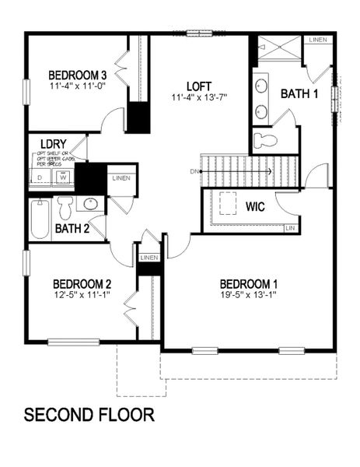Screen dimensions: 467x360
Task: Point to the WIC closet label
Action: click(256, 208)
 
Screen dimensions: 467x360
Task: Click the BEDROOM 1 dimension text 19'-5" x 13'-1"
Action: click(248, 295)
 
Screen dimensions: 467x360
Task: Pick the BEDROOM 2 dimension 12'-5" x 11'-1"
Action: click(81, 295)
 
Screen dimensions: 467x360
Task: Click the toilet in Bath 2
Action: click(65, 207)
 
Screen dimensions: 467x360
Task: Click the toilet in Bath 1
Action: click(266, 141)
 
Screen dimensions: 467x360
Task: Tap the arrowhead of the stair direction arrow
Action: click(268, 170)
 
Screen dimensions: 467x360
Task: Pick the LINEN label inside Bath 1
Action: click(317, 40)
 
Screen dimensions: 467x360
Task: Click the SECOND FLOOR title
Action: click(89, 414)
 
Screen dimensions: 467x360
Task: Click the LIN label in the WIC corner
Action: click(290, 228)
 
